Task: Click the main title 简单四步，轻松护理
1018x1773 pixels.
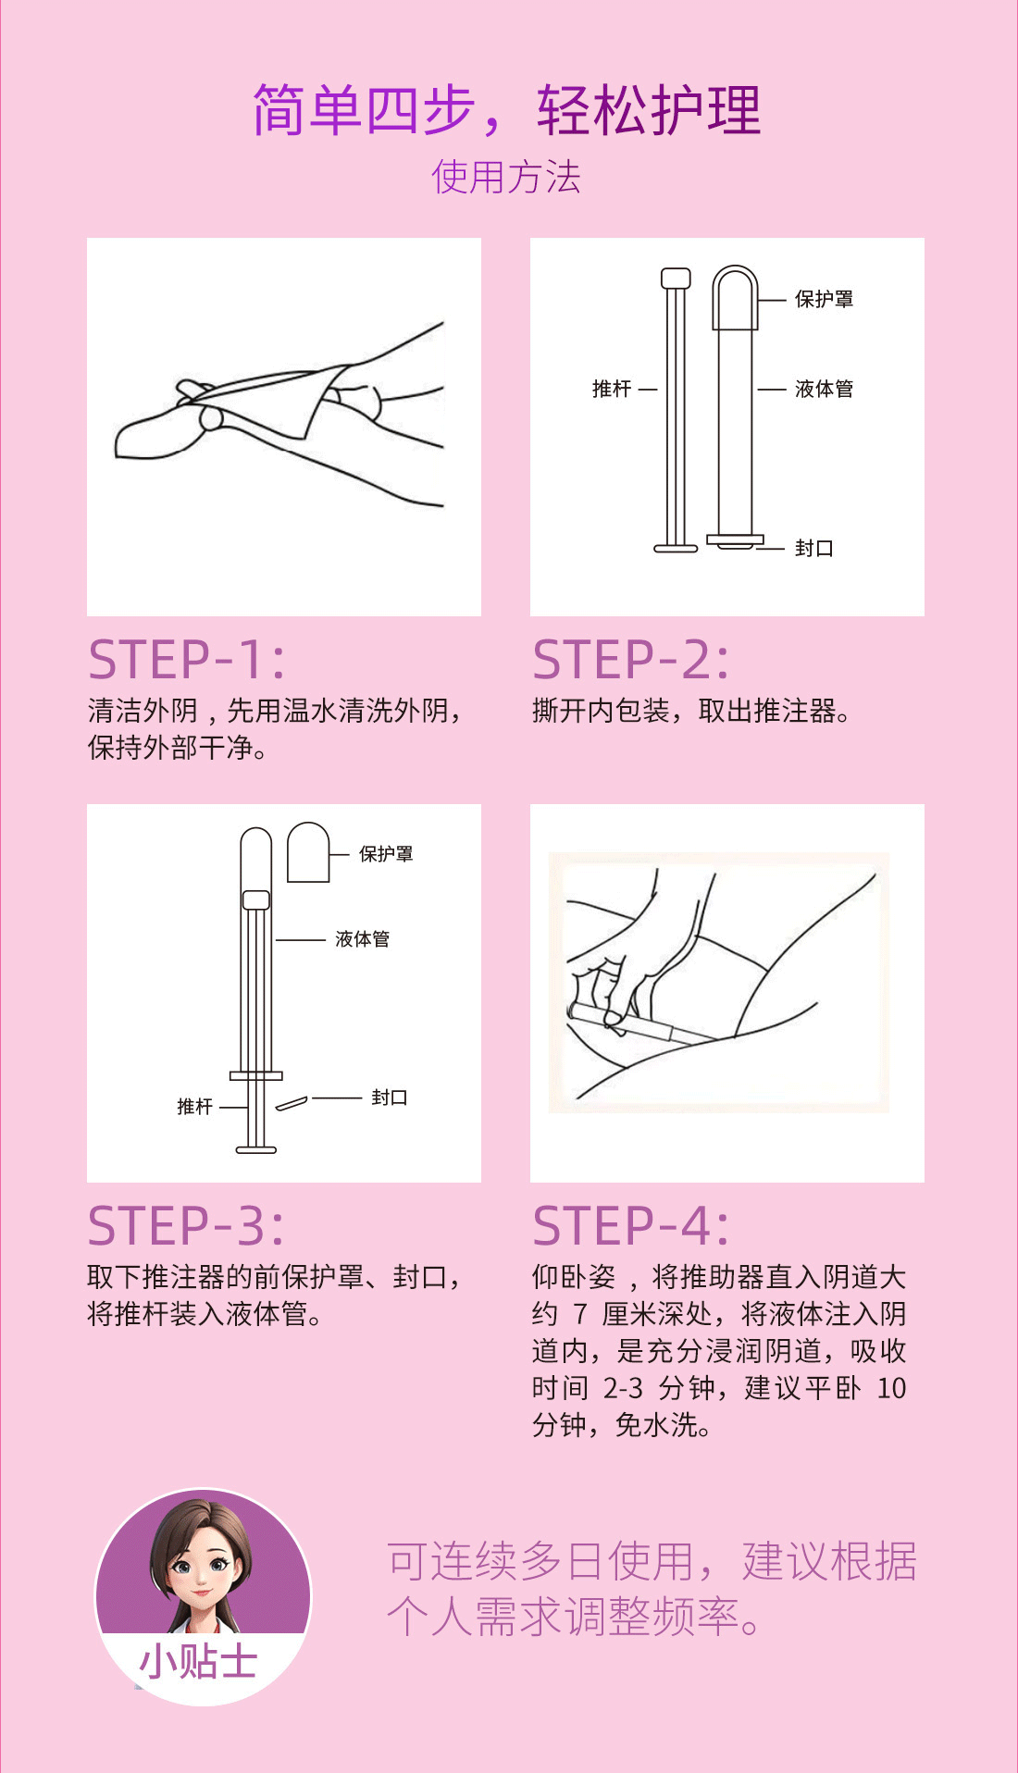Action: coord(507,110)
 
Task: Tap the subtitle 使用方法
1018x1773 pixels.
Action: coord(506,177)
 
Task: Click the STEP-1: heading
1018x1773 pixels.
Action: coord(187,659)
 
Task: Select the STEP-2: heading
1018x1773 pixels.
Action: coord(631,659)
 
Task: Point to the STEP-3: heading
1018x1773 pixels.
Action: coord(187,1225)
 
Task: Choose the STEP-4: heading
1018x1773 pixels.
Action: coord(631,1225)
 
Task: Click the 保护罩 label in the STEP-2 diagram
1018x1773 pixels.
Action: coord(824,299)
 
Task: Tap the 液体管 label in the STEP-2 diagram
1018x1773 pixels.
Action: coord(824,389)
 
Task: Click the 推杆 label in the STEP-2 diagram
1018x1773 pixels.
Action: coord(612,389)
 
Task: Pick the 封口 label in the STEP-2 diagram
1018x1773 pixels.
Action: coord(814,548)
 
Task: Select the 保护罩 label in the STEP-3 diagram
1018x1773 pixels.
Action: coord(386,853)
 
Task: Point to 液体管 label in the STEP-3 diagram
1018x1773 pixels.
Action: coord(362,939)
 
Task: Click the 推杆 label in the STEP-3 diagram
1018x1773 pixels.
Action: coord(195,1107)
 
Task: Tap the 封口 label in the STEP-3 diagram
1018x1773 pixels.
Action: coord(390,1097)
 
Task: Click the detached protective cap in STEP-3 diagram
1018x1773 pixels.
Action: coord(308,852)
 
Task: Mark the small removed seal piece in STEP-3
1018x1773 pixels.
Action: coord(291,1103)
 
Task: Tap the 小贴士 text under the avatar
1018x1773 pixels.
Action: coord(198,1662)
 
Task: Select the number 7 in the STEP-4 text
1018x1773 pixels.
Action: coord(580,1314)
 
